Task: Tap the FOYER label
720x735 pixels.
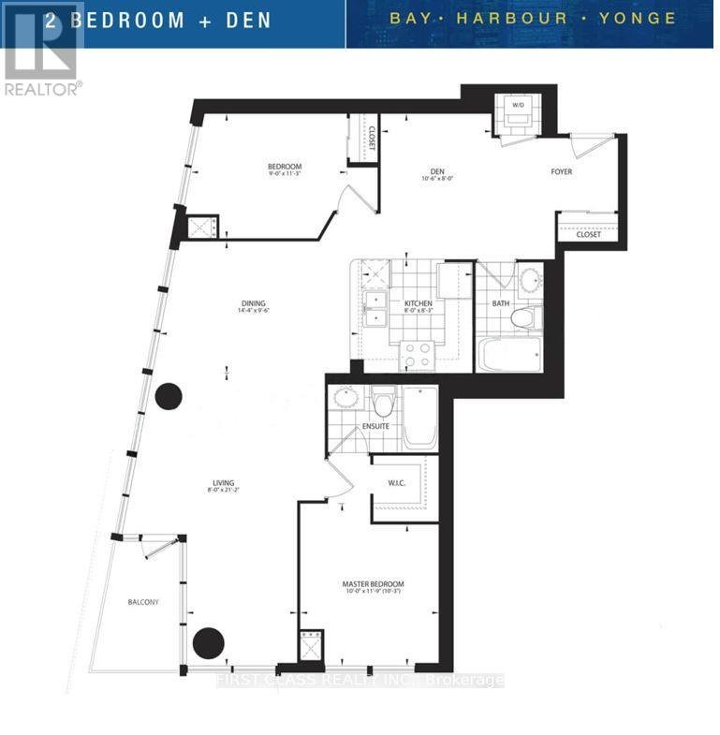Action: (x=561, y=171)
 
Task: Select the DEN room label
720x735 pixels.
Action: (x=436, y=171)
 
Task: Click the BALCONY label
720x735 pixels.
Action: (x=143, y=602)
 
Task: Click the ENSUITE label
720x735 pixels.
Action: (x=375, y=427)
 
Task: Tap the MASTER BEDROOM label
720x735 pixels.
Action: (x=374, y=584)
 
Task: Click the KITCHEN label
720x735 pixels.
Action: (x=418, y=304)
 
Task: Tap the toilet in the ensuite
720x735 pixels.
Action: (x=382, y=403)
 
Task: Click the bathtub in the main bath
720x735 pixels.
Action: (x=510, y=354)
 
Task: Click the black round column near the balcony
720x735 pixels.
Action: (x=209, y=643)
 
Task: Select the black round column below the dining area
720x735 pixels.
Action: (x=168, y=396)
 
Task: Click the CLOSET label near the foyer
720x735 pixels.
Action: (x=588, y=235)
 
